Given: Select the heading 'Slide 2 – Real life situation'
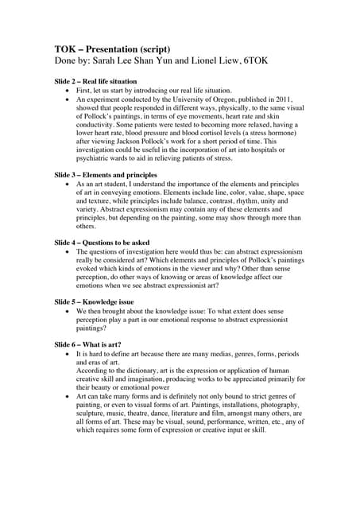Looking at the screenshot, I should (x=95, y=81).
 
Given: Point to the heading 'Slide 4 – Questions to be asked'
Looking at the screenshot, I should (x=104, y=242).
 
